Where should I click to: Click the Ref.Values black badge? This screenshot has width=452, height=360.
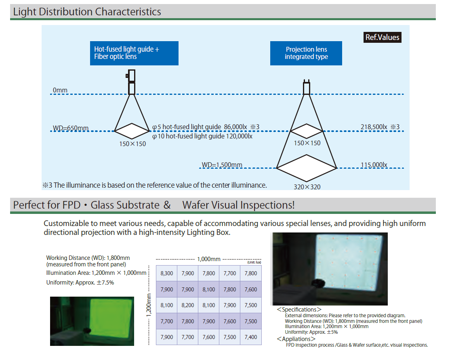point(382,38)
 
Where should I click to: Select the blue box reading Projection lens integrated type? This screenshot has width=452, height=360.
point(306,53)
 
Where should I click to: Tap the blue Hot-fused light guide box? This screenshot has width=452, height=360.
point(134,53)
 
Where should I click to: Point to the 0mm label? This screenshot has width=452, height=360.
point(60,90)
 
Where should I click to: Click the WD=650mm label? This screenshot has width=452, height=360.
point(71,128)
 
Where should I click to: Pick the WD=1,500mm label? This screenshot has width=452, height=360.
point(222,165)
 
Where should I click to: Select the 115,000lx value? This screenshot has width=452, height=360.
point(374,165)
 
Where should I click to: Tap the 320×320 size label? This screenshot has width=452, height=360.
point(307,187)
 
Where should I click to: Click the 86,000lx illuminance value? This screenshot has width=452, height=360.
point(234,127)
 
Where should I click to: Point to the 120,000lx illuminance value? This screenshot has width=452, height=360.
point(239,136)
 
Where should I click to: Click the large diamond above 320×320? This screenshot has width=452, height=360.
point(307,167)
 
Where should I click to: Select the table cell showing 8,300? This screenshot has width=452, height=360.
point(166,273)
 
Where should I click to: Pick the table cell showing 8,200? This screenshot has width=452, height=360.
point(187,305)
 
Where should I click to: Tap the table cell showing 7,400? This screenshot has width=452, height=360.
point(250,337)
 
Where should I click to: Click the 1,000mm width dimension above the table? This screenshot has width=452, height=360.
point(209,259)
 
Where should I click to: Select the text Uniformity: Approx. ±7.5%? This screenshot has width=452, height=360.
point(80,283)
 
